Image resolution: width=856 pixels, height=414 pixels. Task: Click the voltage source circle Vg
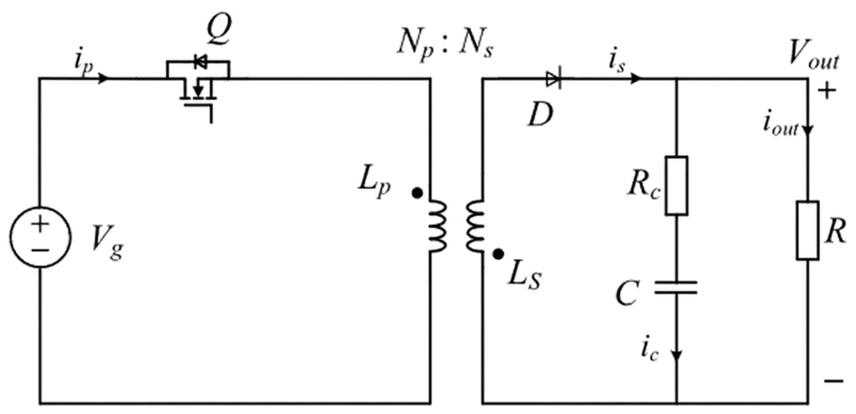(x=40, y=237)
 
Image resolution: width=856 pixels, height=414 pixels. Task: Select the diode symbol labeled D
(x=553, y=79)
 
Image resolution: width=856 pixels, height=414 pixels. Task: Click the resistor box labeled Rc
(x=676, y=186)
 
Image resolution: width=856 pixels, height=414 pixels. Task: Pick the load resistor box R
(x=808, y=231)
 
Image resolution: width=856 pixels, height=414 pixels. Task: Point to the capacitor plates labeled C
(x=676, y=287)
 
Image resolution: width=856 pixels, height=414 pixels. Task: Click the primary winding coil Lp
(x=438, y=225)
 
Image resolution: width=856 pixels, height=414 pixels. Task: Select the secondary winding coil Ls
(x=476, y=225)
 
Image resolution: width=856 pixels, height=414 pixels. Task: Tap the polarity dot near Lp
(x=417, y=193)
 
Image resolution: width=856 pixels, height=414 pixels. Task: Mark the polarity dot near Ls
(x=498, y=254)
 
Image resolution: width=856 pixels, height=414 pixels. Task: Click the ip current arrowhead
(x=104, y=79)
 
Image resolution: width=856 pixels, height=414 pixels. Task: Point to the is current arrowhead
(x=637, y=79)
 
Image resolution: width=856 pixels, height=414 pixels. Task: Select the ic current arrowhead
(x=676, y=356)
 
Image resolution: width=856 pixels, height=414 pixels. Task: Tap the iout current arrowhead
(x=808, y=130)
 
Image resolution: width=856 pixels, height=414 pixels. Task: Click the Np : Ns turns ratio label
(x=445, y=45)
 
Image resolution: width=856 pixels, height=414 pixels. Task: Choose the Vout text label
(x=813, y=57)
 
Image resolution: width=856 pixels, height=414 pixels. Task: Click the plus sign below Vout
(x=827, y=91)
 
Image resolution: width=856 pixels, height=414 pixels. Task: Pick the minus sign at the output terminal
(x=834, y=380)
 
